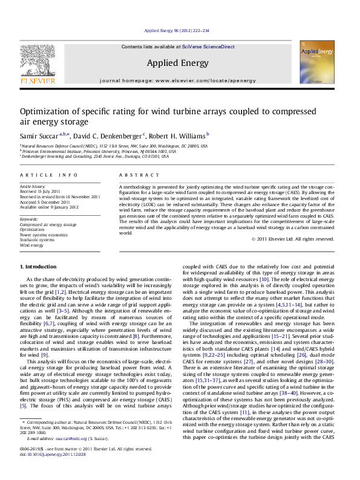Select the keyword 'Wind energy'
[31, 246]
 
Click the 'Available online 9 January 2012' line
[49, 207]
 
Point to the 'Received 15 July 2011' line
[41, 191]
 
